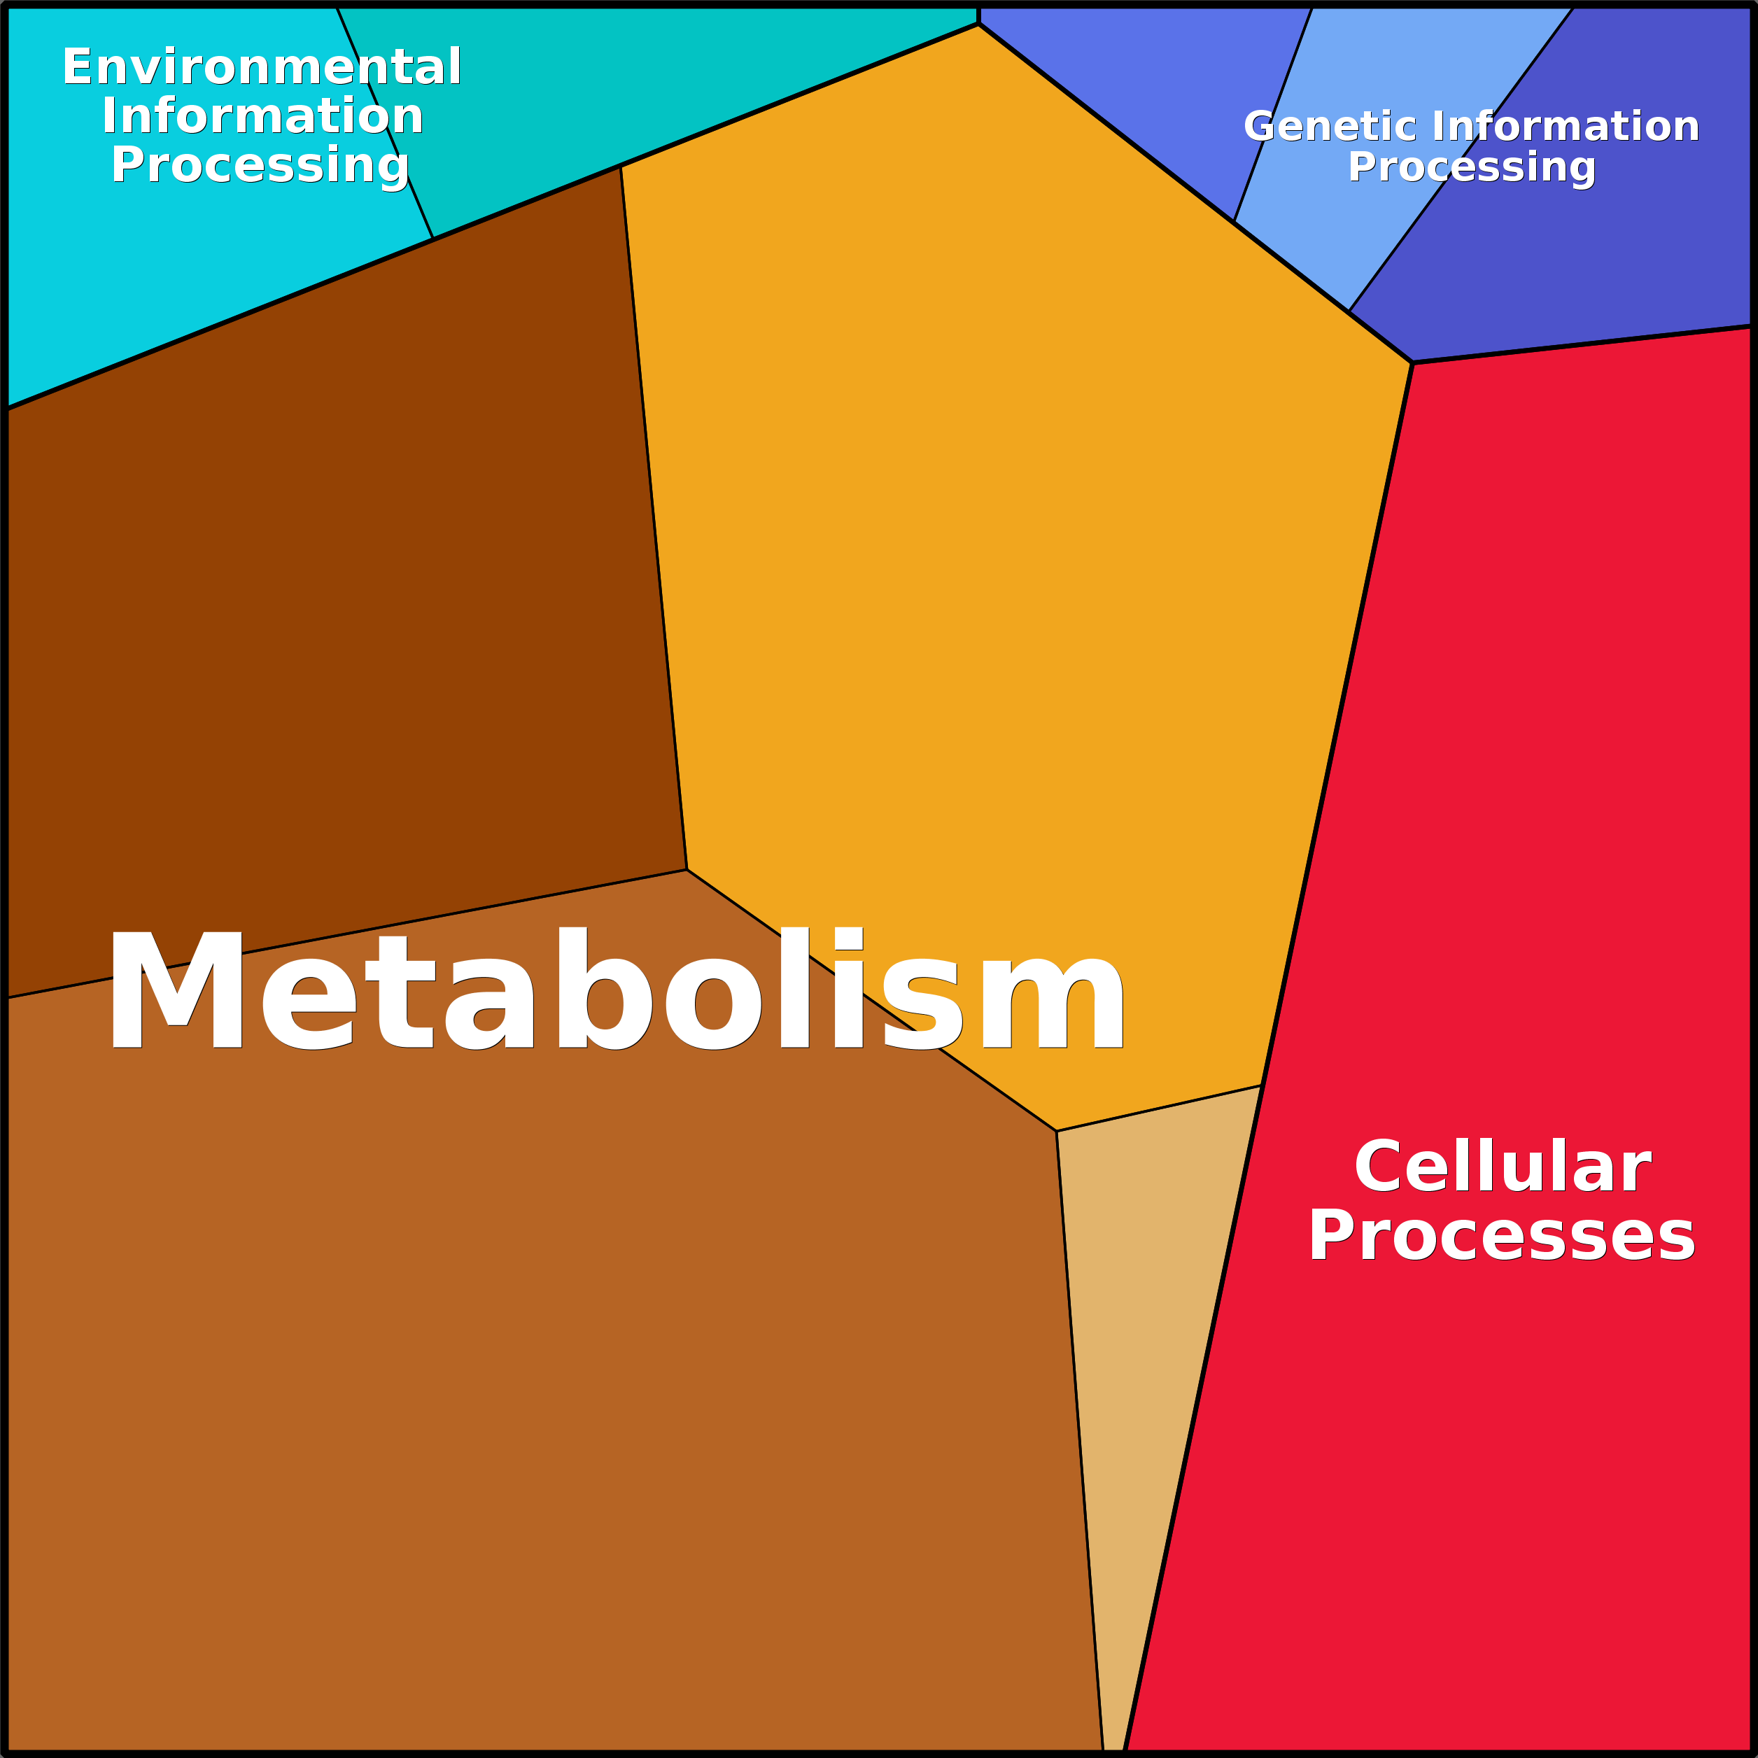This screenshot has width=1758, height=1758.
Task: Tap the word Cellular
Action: coord(1501,1167)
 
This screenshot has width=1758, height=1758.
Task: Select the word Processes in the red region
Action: coord(1501,1237)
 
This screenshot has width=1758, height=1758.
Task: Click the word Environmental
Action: coord(261,67)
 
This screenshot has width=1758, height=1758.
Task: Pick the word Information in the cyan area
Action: coord(262,116)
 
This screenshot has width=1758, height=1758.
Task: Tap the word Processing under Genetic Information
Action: coord(1471,167)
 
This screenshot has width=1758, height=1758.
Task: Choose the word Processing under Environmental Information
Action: coord(260,166)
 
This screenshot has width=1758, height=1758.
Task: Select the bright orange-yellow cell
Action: coord(1001,546)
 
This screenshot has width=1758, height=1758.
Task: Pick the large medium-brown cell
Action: coord(546,1410)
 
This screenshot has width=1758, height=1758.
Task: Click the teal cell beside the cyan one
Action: coord(637,82)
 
